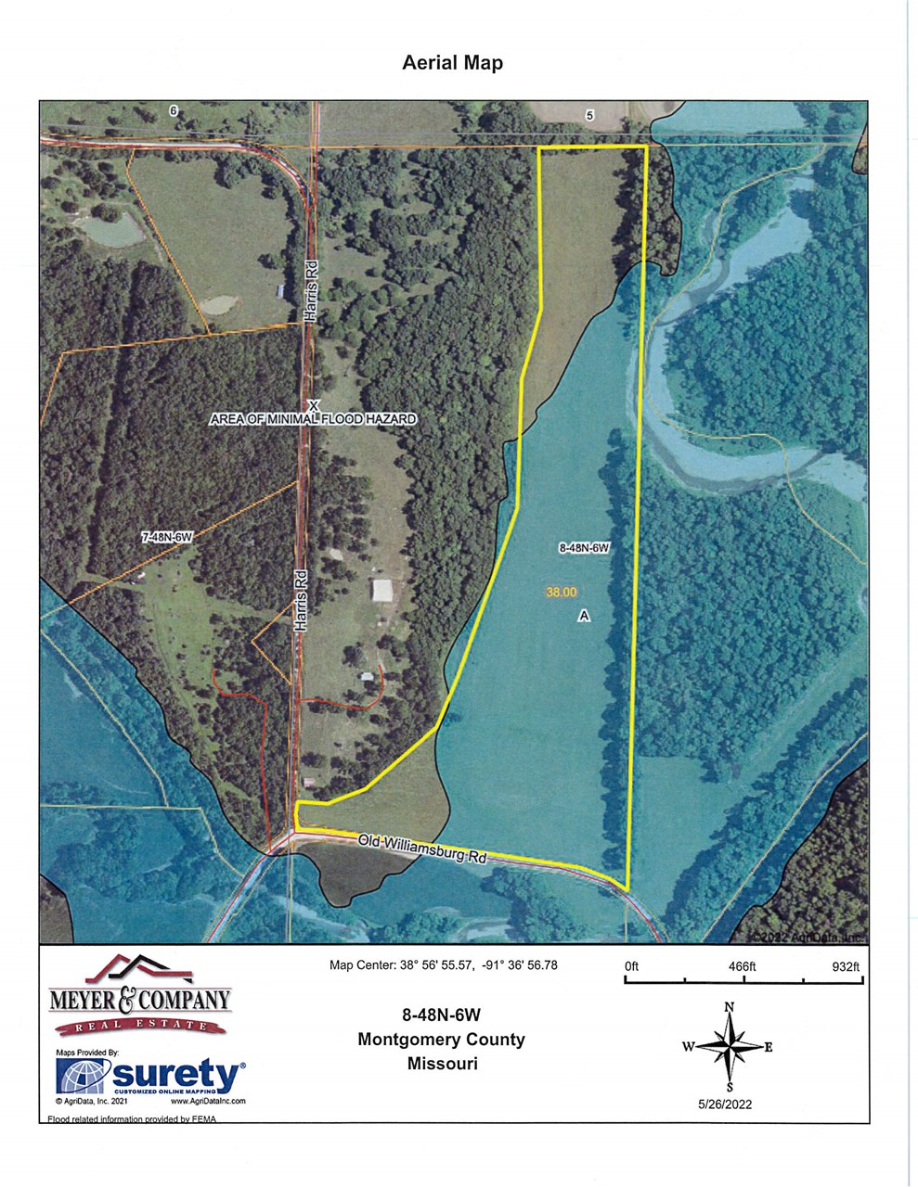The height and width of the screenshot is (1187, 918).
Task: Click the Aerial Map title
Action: point(452,63)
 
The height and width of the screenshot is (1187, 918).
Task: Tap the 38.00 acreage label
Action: point(562,592)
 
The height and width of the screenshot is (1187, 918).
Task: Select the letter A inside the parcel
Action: point(584,615)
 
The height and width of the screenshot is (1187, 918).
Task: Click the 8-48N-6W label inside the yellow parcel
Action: point(583,548)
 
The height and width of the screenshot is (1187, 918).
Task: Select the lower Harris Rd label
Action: point(300,601)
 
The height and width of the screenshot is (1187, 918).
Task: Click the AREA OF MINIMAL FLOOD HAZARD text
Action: point(313,419)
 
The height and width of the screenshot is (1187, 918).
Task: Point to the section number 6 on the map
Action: point(173,110)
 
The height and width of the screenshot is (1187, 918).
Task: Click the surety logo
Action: point(151,1076)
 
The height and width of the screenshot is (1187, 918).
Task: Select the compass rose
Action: point(730,1047)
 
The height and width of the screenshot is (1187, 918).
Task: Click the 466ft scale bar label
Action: point(742,966)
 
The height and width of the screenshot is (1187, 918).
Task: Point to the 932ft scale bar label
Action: point(846,966)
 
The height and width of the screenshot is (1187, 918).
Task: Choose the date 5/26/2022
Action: point(725,1104)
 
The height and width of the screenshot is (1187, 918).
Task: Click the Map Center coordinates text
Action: point(443,965)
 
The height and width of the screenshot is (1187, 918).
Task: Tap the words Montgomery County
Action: point(441,1040)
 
